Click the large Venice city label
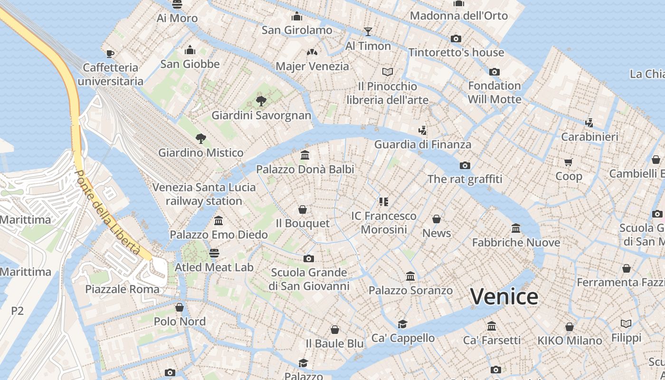[x=504, y=296]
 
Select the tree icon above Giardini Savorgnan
[x=261, y=101]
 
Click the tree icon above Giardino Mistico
[x=201, y=138]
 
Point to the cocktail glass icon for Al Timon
[x=368, y=32]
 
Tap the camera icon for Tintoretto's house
[x=456, y=38]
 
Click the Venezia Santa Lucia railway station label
[x=204, y=194]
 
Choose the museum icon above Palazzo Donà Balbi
[x=305, y=155]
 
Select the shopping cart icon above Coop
[x=569, y=162]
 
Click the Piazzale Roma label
[x=123, y=289]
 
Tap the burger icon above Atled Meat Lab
[x=214, y=253]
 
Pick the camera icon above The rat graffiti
[x=465, y=165]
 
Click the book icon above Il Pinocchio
[x=388, y=72]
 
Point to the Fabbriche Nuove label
[x=516, y=242]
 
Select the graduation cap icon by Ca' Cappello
[x=403, y=324]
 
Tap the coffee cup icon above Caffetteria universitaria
[x=110, y=54]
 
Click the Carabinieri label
[x=589, y=137]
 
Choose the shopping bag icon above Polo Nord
[x=180, y=307]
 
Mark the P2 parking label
[x=18, y=311]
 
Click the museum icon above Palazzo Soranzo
[x=410, y=276]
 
